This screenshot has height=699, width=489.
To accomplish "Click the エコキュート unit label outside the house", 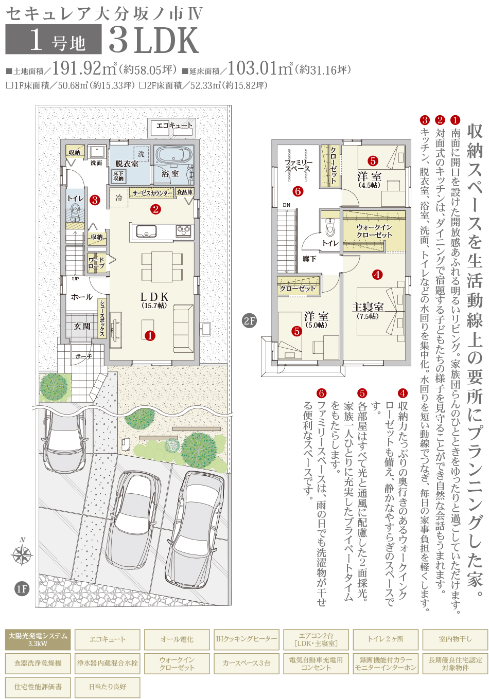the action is point(174,126).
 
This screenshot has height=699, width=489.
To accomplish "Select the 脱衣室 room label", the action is point(127,164).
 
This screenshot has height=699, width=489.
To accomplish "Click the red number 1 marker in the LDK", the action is point(150,336).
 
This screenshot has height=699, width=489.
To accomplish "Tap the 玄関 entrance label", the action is point(82,327).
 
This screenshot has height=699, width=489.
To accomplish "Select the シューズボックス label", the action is point(102,318).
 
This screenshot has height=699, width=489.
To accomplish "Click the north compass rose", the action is point(22,554).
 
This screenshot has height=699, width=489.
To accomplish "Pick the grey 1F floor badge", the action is point(22,589).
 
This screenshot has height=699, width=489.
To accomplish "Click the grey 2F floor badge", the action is point(249,321).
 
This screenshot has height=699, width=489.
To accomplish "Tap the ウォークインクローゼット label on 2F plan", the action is point(374,231).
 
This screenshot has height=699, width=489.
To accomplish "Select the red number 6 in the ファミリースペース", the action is point(298,191).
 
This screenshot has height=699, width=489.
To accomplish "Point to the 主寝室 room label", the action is point(368,307).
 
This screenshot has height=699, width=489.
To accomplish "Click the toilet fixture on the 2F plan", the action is point(329,226).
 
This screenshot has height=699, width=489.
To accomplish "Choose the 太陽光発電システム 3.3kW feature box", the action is point(38,639).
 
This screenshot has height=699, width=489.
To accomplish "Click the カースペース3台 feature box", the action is point(247,663).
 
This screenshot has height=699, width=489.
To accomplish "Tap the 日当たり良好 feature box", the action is point(108,687).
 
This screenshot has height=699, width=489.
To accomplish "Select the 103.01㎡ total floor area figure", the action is point(261,68).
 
